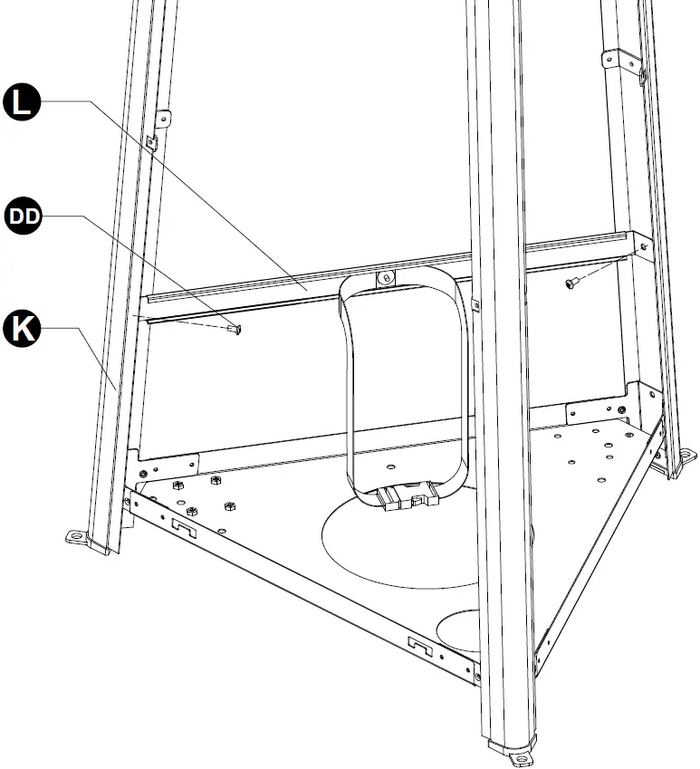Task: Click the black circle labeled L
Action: coord(24,101)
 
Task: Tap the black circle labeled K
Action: coord(24,329)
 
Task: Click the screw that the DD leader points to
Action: coord(235,329)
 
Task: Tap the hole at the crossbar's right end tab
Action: coord(642,245)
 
